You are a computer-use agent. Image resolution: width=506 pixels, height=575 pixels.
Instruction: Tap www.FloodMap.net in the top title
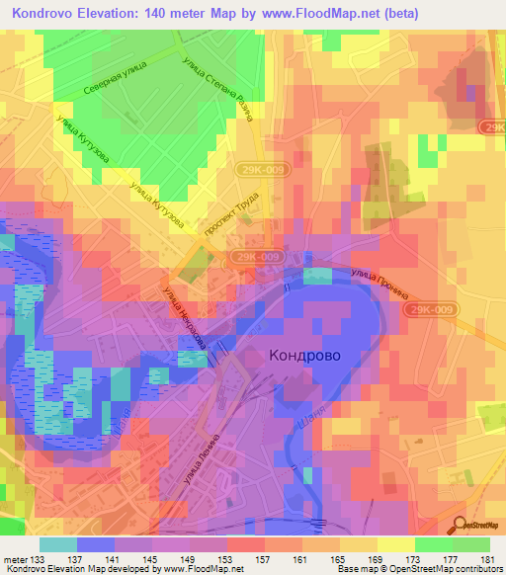point(308,13)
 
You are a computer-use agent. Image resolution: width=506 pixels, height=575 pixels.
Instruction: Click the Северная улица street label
point(113,87)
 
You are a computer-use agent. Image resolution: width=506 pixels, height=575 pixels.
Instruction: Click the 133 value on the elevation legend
point(39,559)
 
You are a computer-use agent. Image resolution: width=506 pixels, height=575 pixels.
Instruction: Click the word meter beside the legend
point(15,559)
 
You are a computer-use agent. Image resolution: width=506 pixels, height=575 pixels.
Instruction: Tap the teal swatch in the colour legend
point(58,544)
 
